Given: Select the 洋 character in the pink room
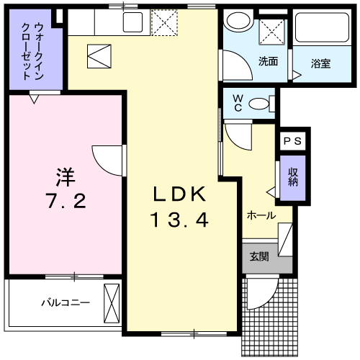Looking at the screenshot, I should click(63, 176).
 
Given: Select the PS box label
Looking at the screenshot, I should click(293, 142).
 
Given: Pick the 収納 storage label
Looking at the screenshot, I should click(293, 176).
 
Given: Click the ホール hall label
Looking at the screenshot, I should click(260, 215).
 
